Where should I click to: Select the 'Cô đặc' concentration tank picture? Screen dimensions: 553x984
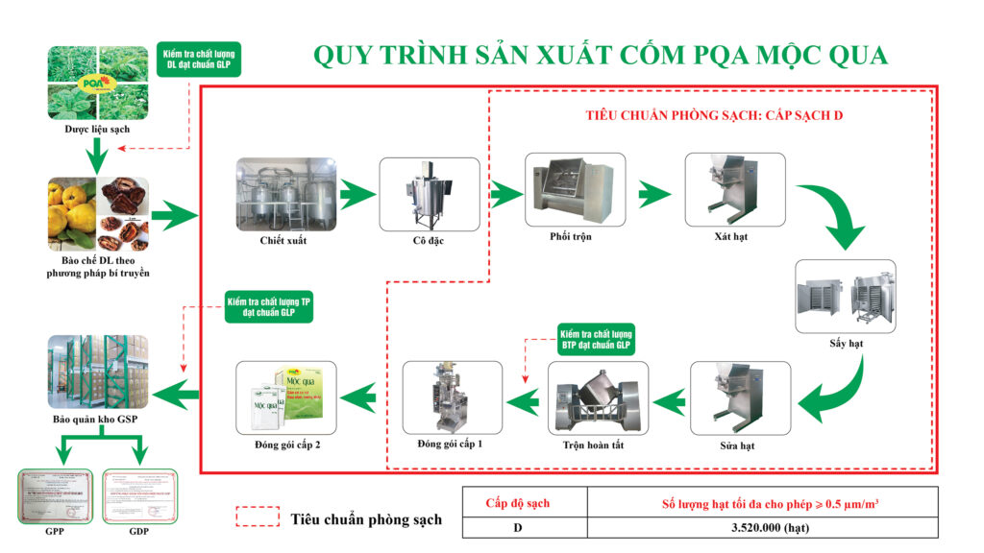(429, 192)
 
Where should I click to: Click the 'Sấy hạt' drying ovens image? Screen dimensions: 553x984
(845, 293)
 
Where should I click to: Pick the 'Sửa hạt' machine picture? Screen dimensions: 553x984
(741, 397)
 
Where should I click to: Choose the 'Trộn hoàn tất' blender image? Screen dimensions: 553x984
(598, 397)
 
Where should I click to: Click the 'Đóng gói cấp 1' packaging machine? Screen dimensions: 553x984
(452, 397)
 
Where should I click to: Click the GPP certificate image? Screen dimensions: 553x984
(56, 495)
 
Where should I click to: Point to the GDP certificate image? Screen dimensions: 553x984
(140, 495)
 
